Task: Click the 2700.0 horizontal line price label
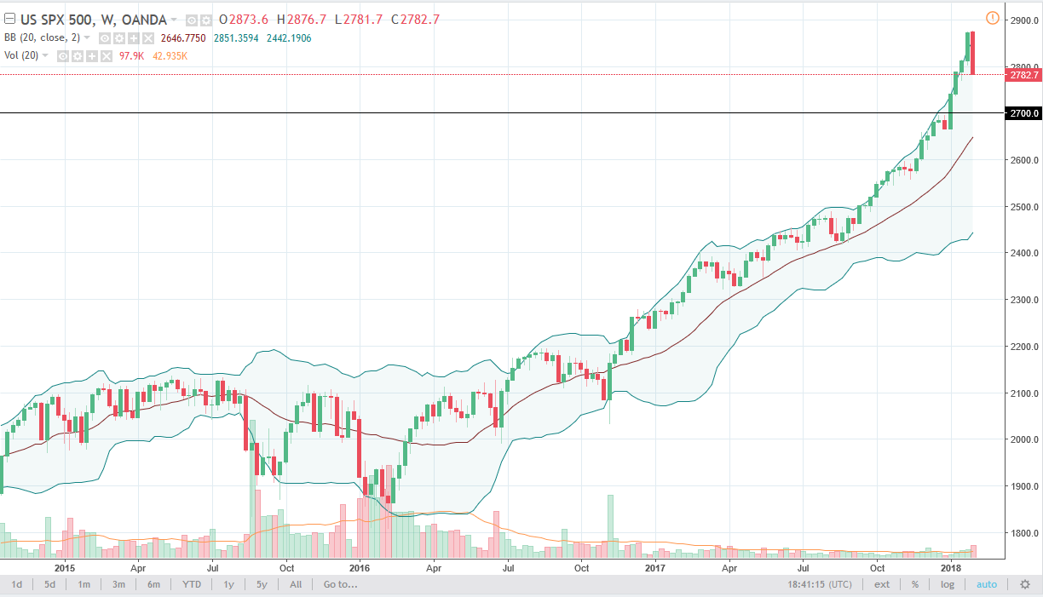pyautogui.click(x=1022, y=113)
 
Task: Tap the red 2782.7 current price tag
pyautogui.click(x=1022, y=75)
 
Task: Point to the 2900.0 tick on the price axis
pyautogui.click(x=1022, y=20)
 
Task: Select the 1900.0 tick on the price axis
pyautogui.click(x=1022, y=486)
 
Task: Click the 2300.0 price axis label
pyautogui.click(x=1022, y=300)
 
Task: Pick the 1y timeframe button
pyautogui.click(x=228, y=584)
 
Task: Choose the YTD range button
pyautogui.click(x=191, y=584)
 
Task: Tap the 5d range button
pyautogui.click(x=50, y=584)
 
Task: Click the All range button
pyautogui.click(x=296, y=584)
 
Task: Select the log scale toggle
pyautogui.click(x=947, y=584)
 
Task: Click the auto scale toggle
pyautogui.click(x=986, y=584)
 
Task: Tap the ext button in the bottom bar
pyautogui.click(x=882, y=584)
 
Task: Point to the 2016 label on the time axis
pyautogui.click(x=360, y=566)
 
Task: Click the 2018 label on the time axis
pyautogui.click(x=951, y=566)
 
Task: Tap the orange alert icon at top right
pyautogui.click(x=992, y=18)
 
